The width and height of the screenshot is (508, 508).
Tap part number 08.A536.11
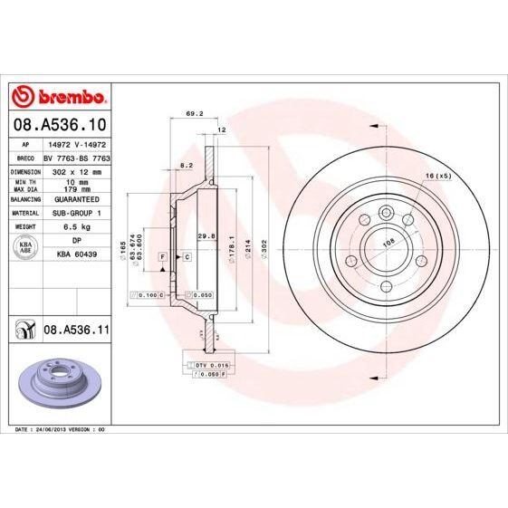click(76, 332)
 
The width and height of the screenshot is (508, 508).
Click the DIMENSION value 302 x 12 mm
click(75, 169)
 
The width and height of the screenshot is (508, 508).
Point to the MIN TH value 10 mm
click(75, 180)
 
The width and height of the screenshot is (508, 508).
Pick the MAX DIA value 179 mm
click(75, 188)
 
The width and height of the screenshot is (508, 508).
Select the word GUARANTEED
click(75, 198)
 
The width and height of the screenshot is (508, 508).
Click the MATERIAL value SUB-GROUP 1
click(75, 212)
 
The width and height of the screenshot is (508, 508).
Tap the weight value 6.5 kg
click(75, 225)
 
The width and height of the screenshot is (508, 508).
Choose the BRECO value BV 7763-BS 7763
click(75, 157)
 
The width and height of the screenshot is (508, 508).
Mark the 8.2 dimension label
click(187, 166)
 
